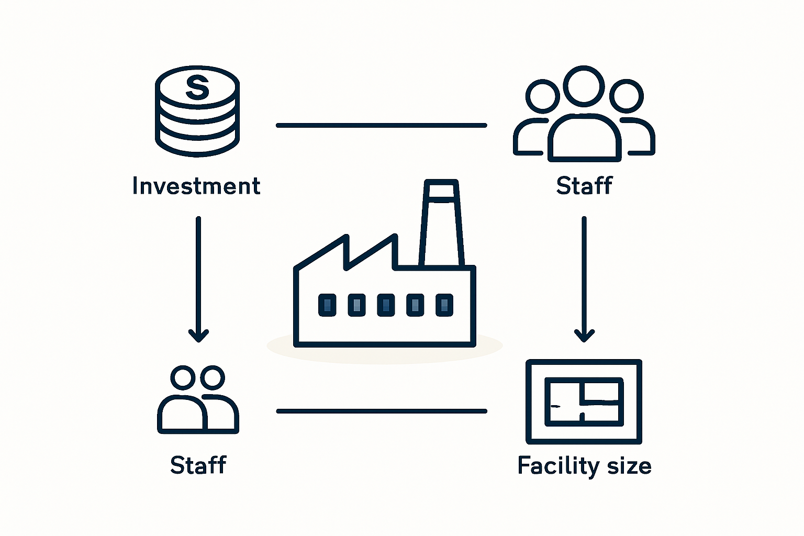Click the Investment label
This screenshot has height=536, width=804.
(196, 186)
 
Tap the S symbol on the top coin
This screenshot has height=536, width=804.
(197, 87)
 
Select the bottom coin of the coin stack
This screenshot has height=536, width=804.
(197, 143)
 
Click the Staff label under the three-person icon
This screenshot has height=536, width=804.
(584, 185)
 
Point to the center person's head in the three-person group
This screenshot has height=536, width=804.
(584, 86)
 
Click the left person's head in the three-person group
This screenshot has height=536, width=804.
(542, 96)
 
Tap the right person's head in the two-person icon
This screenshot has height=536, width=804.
(213, 378)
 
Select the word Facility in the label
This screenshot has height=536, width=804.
(558, 466)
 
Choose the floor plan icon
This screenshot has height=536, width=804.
(584, 401)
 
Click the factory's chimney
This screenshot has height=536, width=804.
(441, 222)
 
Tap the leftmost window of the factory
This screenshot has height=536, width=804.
(327, 305)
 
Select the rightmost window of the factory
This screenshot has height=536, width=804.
(444, 305)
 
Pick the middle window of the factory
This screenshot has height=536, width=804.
(386, 305)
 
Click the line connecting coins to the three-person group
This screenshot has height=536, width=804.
(381, 125)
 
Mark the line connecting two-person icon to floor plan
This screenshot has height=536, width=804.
(382, 411)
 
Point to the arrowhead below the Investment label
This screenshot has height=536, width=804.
(198, 336)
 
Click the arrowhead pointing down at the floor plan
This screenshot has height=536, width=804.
(584, 336)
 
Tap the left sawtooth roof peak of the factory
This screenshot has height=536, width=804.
(347, 236)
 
